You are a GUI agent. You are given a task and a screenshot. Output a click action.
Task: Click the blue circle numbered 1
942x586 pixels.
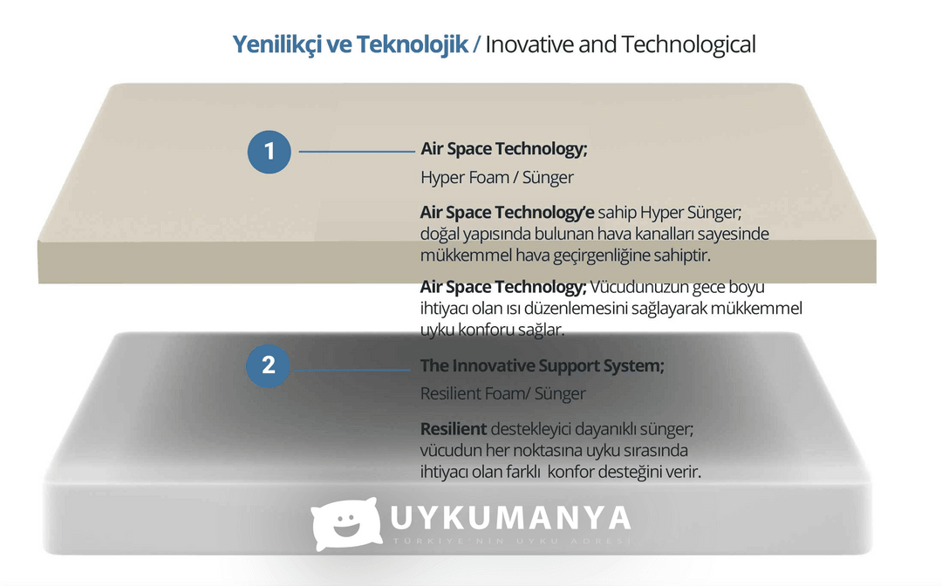click(x=270, y=152)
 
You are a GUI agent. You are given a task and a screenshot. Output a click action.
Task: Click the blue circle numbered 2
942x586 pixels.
click(x=268, y=365)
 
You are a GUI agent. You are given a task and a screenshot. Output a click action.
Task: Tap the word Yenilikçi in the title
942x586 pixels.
click(x=277, y=45)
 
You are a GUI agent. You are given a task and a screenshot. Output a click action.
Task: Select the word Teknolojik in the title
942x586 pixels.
click(x=412, y=44)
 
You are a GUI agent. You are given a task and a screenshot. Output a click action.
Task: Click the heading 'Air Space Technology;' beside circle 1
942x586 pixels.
click(x=503, y=149)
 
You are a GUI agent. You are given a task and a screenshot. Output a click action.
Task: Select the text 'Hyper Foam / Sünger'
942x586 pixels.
click(x=497, y=177)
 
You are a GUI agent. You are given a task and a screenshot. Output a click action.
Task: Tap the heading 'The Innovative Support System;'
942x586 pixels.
click(x=542, y=365)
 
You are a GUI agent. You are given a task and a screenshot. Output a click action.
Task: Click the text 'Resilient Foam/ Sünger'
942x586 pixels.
click(x=503, y=393)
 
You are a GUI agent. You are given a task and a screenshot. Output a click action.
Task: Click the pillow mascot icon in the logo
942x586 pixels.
click(x=346, y=523)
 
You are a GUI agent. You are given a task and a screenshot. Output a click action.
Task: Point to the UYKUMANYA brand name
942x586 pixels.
click(x=510, y=518)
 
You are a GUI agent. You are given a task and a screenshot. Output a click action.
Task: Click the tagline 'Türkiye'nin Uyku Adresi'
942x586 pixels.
click(x=512, y=541)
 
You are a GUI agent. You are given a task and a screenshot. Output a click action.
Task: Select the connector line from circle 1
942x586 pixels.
click(x=357, y=152)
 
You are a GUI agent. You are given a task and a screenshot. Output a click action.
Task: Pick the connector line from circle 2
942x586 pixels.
click(x=352, y=369)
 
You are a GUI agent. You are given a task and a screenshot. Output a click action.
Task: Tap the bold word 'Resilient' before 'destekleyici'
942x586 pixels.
click(x=453, y=429)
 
